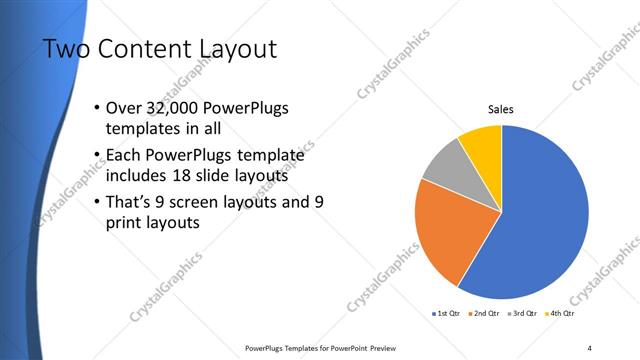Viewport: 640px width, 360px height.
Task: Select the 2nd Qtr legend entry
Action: click(x=486, y=314)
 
